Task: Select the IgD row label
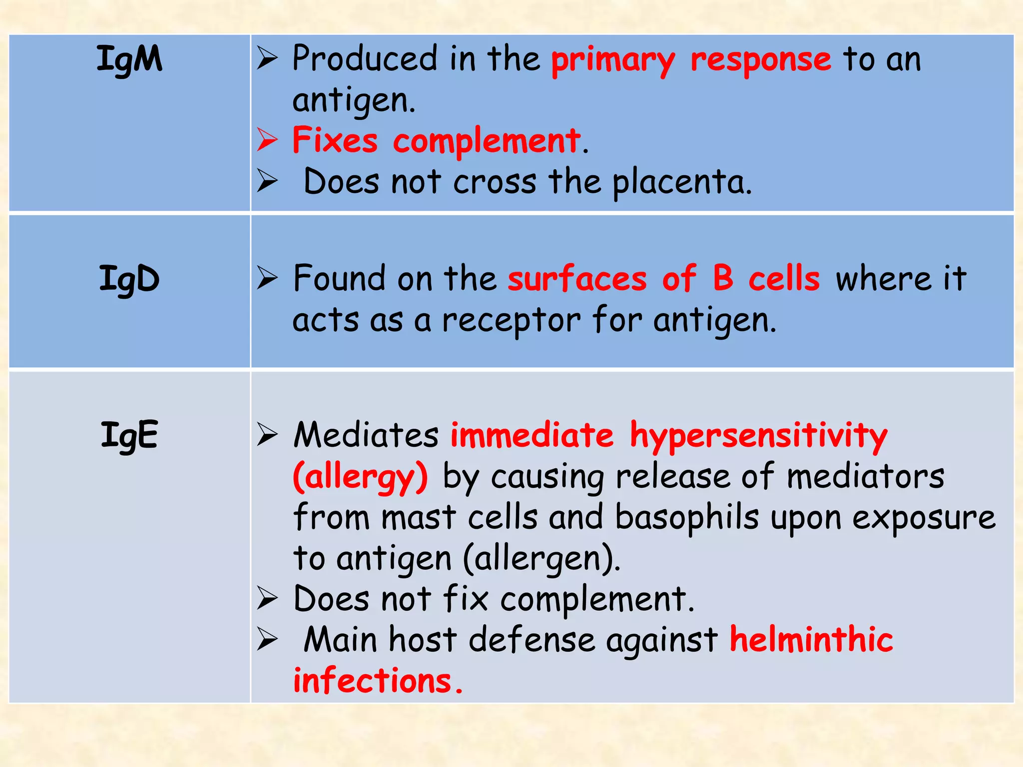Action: point(129,279)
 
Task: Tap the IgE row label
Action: point(129,435)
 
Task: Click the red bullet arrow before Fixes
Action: point(267,140)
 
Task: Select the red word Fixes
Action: point(335,141)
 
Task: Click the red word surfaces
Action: point(577,279)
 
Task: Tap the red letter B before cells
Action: point(723,278)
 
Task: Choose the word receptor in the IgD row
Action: point(511,321)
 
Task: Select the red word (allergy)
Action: point(360,477)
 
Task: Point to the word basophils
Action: point(687,518)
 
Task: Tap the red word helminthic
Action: point(811,640)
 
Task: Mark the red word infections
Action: point(372,681)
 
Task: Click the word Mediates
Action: point(366,435)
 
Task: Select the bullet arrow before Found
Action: point(267,278)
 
